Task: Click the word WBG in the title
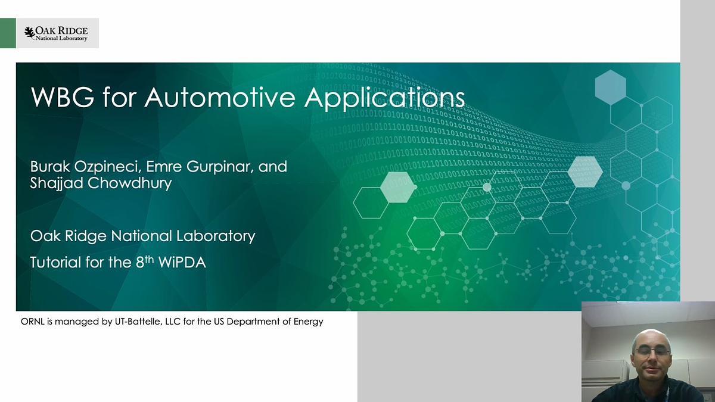coord(63,97)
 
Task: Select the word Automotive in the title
coord(220,97)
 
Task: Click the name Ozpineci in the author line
coord(108,167)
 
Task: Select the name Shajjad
coord(57,183)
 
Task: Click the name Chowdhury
coord(130,183)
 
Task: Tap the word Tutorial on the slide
coord(55,262)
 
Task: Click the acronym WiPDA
coord(182,262)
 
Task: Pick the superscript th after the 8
coord(150,259)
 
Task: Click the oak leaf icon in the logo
coord(30,33)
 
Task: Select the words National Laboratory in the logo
coord(61,38)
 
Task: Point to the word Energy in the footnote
coord(309,322)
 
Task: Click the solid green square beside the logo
coord(8,33)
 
